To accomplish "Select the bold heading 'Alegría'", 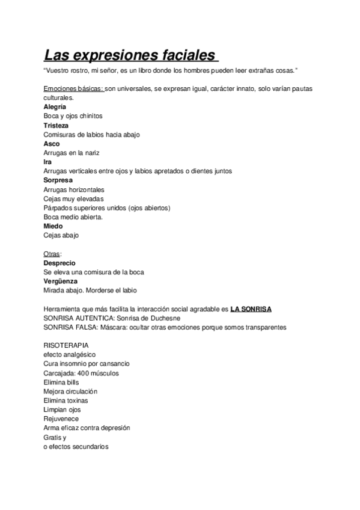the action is (55, 106).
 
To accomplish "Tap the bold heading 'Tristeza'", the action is (56, 125).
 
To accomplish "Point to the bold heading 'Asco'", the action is (52, 144).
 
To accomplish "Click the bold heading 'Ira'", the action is (47, 162).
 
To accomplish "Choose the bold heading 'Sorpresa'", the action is (58, 180).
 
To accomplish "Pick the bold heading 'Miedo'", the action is (53, 226).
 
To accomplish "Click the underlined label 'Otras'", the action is (52, 254).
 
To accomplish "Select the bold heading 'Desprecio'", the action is (59, 263).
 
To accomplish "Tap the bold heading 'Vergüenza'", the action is (61, 281).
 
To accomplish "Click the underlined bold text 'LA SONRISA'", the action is (251, 309).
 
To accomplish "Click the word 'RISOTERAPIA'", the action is (66, 346).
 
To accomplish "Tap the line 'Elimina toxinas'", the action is (66, 400).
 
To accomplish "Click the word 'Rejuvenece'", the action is (61, 419).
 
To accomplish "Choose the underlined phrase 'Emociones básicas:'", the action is (73, 88).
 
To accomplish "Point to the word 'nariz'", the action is (91, 153).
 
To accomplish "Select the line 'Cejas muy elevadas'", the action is (73, 198).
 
